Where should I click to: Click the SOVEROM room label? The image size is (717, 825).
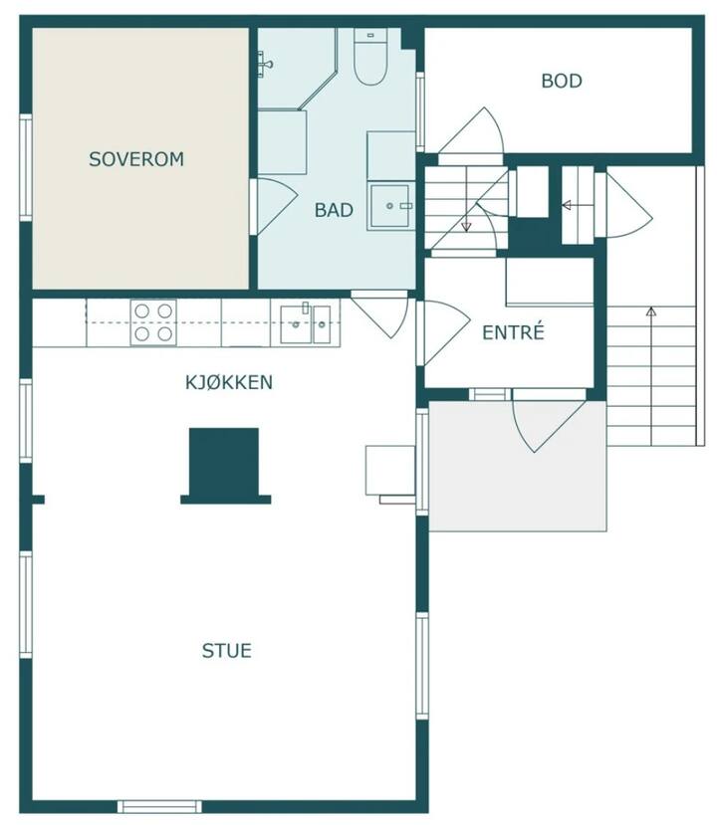coord(136,159)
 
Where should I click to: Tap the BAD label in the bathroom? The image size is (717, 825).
coord(334,210)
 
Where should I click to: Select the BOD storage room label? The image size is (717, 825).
coord(562,81)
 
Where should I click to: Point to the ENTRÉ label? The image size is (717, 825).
coord(513,332)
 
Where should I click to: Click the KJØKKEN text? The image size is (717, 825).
coord(229,382)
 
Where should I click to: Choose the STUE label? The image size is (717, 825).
coord(227,651)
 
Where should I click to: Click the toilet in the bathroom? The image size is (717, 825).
coord(370,57)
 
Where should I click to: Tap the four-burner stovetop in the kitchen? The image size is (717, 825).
coord(153,322)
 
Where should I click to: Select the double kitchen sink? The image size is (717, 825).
coord(306,324)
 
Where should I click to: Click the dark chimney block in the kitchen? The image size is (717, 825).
coord(225,466)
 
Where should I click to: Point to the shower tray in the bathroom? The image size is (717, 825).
coord(389,206)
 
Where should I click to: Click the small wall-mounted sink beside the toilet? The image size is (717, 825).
coord(265,64)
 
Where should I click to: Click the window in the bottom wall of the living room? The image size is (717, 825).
coord(159,806)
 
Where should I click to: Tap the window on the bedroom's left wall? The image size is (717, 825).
coord(26,167)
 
